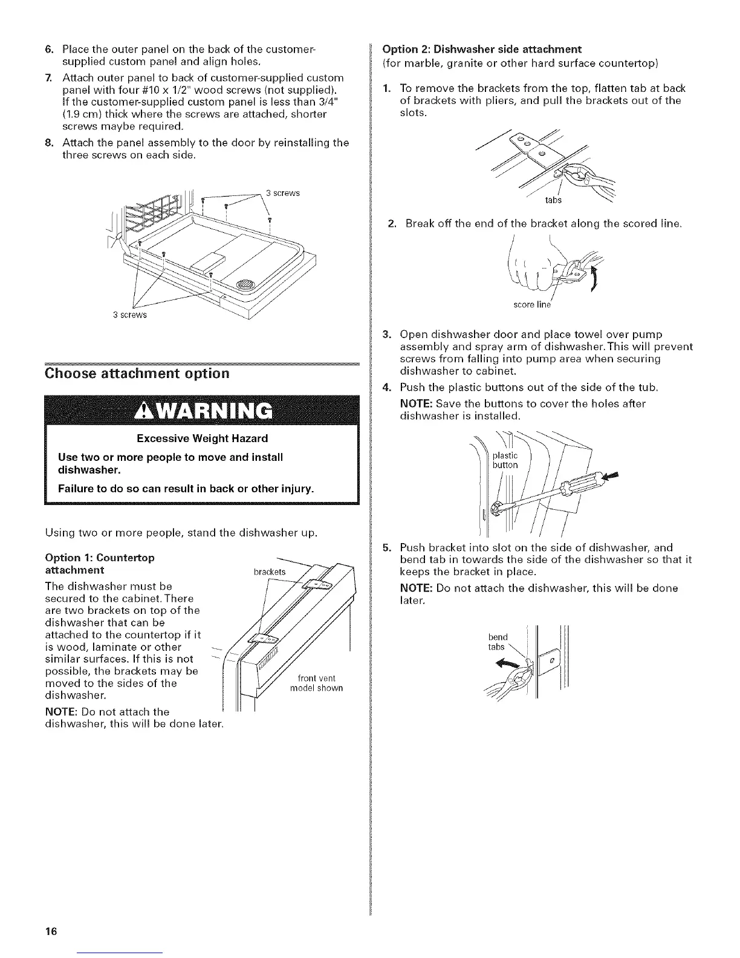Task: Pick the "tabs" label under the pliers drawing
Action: (x=553, y=200)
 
